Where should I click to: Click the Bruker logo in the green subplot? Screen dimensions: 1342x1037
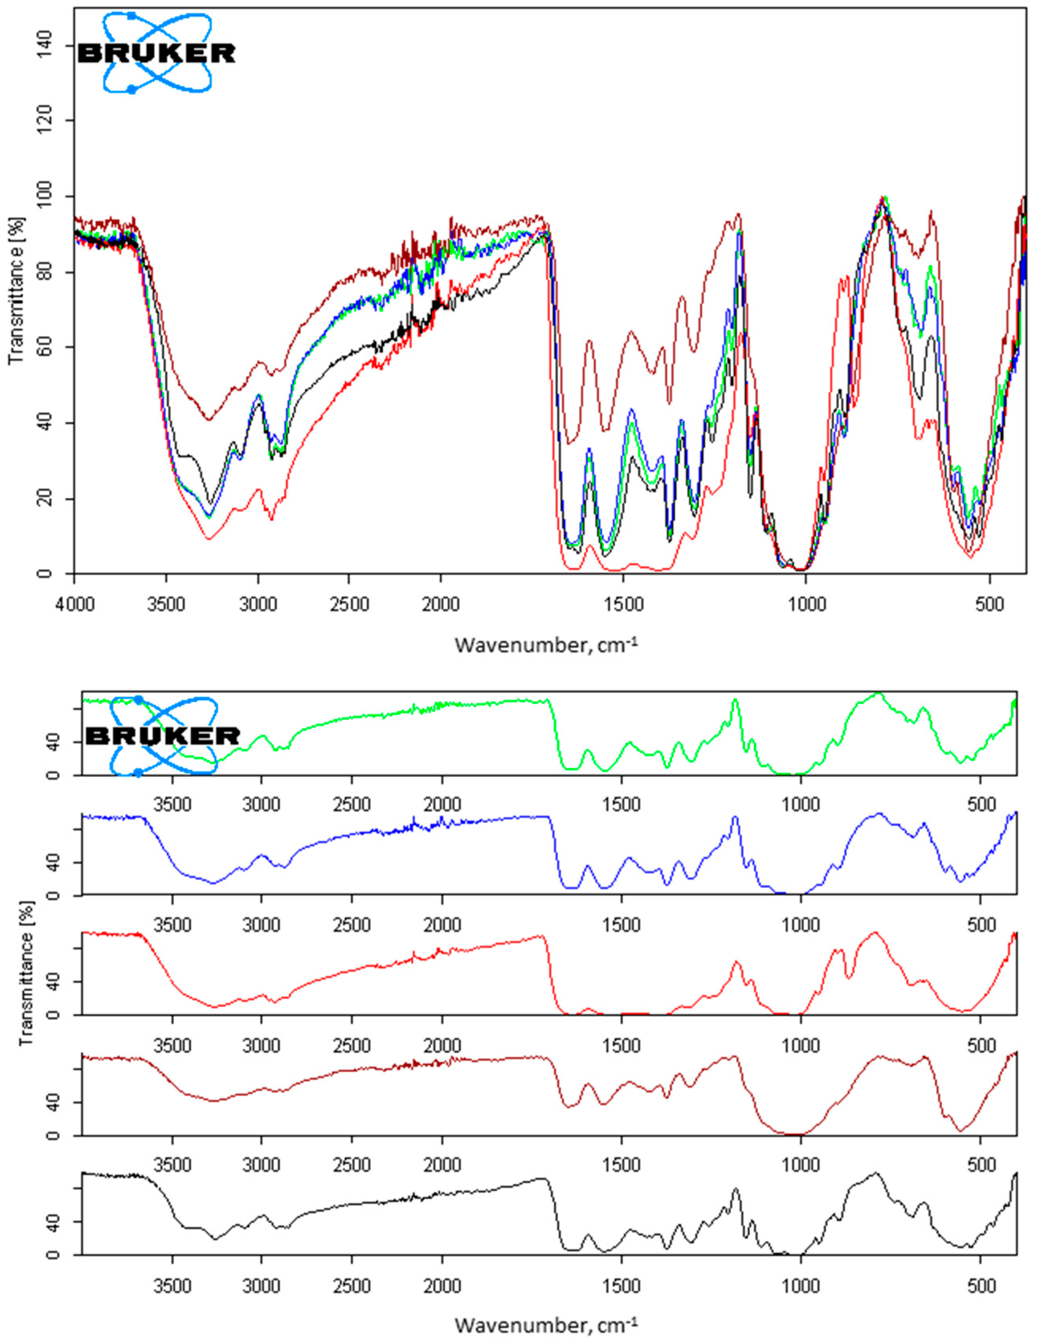click(163, 735)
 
